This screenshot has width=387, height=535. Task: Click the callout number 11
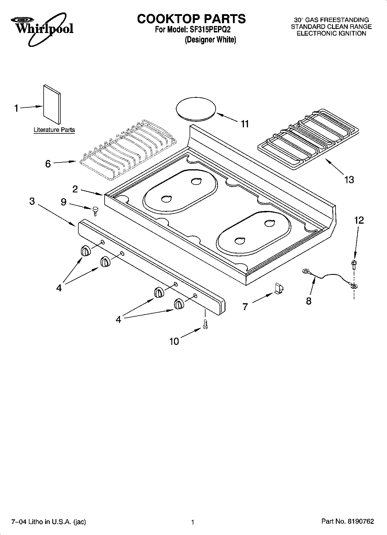click(x=245, y=124)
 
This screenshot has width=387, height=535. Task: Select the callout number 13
click(x=349, y=180)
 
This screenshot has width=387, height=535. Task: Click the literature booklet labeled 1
click(x=52, y=104)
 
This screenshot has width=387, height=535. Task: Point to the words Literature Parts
click(x=54, y=130)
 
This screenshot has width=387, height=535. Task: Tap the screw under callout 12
click(x=353, y=264)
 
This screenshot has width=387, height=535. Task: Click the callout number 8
click(x=309, y=301)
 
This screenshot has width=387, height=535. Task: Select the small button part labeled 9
click(x=95, y=211)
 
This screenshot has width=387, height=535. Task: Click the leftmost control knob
click(x=86, y=251)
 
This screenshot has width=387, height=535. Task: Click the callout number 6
click(x=48, y=164)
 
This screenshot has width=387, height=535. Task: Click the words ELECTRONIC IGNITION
click(x=332, y=33)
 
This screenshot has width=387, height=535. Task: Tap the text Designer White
click(x=210, y=40)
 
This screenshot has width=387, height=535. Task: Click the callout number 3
click(x=32, y=201)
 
